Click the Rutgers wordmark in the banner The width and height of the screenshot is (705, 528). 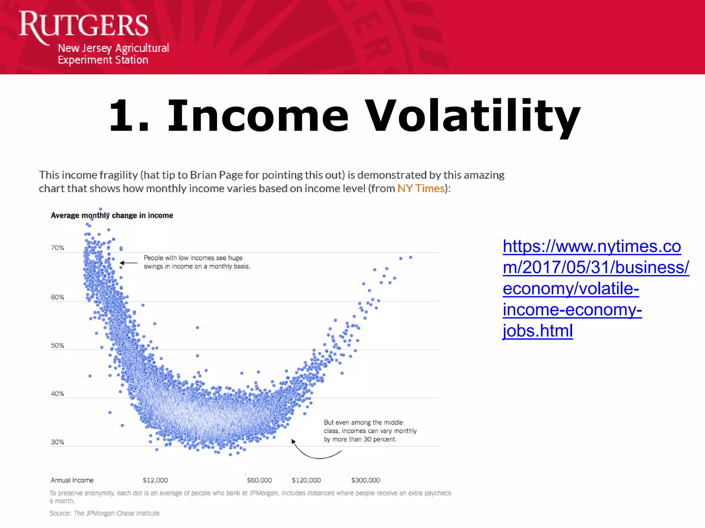(84, 25)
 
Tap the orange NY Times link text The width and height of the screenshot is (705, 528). (421, 188)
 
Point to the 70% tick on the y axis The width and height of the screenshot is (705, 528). (57, 248)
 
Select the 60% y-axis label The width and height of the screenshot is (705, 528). (57, 297)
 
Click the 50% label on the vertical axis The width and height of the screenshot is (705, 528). (57, 345)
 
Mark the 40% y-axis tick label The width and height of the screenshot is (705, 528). (57, 394)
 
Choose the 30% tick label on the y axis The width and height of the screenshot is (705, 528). (57, 442)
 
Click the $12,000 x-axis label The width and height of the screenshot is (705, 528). (155, 480)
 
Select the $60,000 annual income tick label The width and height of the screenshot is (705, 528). (259, 480)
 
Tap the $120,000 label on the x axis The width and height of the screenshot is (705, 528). (306, 480)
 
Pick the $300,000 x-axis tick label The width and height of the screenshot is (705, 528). (366, 480)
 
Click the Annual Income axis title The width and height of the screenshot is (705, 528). (72, 480)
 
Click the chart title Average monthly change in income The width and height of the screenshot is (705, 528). (112, 216)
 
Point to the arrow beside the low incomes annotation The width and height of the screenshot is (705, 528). (128, 263)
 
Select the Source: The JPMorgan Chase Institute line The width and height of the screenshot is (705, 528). (104, 513)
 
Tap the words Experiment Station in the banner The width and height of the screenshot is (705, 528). (103, 60)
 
